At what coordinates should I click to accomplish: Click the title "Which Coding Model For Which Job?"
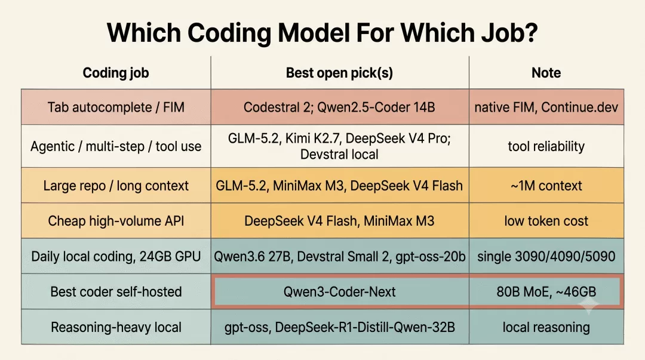322,33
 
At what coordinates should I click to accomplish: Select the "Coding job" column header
116,73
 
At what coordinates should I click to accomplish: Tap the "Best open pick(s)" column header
339,73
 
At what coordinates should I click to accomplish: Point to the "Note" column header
546,73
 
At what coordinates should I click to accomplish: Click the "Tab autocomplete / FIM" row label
116,107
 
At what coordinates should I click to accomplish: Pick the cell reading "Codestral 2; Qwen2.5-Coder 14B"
339,107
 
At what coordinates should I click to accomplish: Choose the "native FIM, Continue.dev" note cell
546,107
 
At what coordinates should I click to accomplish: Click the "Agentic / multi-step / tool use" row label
116,146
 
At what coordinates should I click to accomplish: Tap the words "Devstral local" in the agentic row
339,155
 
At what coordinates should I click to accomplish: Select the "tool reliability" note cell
546,146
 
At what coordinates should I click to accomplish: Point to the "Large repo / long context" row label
116,186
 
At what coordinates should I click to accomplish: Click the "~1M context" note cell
546,186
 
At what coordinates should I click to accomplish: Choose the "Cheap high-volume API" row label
116,221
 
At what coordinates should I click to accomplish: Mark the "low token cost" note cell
546,221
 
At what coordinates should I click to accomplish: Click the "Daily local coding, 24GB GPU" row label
116,257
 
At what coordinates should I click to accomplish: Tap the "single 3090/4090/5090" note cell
546,257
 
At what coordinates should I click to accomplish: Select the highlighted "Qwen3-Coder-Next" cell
339,292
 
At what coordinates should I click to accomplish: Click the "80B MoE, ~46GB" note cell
546,292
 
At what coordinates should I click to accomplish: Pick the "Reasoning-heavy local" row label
116,328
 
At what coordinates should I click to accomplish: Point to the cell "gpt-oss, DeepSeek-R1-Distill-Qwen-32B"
339,328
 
